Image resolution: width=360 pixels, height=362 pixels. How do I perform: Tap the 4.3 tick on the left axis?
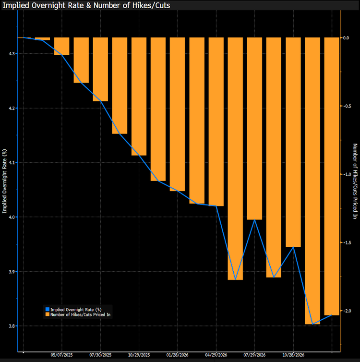click(11, 53)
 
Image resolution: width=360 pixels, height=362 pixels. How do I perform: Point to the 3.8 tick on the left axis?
click(11, 326)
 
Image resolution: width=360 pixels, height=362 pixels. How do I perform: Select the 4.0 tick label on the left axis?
click(11, 217)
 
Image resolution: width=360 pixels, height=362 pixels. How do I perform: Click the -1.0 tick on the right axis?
click(348, 174)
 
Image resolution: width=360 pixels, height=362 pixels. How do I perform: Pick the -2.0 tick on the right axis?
click(348, 311)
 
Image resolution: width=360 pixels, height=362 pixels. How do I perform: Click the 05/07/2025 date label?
click(62, 356)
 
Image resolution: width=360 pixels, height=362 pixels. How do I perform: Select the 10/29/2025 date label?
click(139, 356)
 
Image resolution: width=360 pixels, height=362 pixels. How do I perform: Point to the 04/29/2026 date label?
click(216, 356)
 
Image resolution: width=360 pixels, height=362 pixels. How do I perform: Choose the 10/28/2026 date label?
click(293, 356)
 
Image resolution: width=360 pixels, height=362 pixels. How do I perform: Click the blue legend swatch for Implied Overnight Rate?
click(47, 309)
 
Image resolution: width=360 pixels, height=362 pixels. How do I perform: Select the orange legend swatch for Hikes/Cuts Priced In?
click(47, 314)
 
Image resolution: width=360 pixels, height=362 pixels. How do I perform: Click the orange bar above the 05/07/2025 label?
click(62, 46)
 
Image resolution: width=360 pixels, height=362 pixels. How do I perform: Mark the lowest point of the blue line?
click(312, 324)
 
